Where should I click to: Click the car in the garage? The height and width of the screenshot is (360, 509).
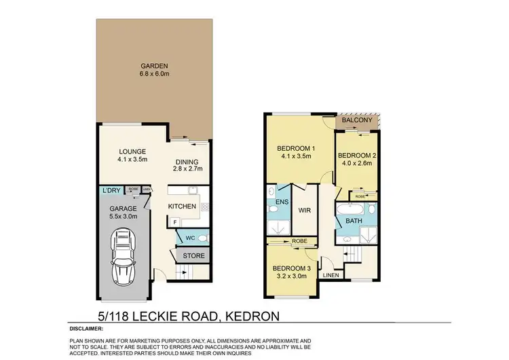point(124,257)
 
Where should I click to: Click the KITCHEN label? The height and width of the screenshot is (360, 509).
point(182,206)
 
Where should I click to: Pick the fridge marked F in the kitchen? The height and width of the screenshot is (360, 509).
point(175,221)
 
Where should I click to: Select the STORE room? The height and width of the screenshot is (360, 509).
point(193,255)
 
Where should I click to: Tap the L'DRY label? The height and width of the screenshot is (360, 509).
point(111,192)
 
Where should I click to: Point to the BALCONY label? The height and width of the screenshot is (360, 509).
point(356,120)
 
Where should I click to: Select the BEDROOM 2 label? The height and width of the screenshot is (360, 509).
point(358,156)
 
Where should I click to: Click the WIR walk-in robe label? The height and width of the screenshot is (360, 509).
point(304,211)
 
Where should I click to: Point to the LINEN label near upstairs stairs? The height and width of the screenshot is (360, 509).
point(331,275)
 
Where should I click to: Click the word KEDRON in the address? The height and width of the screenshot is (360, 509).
point(241,315)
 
